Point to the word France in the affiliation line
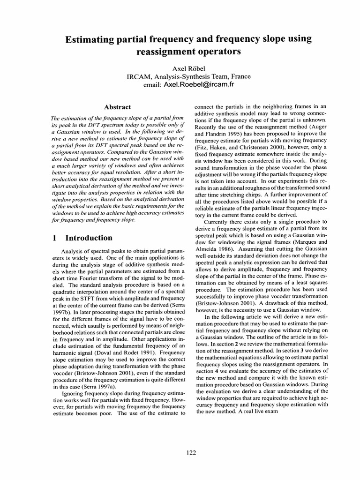click(x=239, y=76)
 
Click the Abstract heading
click(x=117, y=107)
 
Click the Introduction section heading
click(x=89, y=238)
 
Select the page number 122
click(x=191, y=452)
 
